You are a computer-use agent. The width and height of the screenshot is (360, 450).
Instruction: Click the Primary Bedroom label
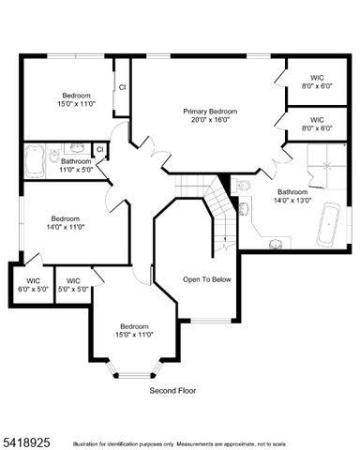coord(210,112)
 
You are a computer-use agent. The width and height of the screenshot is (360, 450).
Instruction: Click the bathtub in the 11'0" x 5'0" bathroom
coord(34,159)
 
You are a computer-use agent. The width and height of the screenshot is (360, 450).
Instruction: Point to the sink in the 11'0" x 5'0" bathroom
coord(77,149)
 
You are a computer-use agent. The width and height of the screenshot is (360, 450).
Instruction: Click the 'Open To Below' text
coord(205,279)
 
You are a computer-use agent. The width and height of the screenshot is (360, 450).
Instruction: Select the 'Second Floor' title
coord(173,389)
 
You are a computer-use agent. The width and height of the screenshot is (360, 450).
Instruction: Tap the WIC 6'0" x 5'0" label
coord(33,284)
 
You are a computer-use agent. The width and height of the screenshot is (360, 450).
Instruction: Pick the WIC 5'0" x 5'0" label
coord(73,284)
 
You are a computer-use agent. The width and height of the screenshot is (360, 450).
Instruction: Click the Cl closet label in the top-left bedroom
coord(122,87)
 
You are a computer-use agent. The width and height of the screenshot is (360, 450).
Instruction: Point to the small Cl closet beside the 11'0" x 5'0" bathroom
coord(99,149)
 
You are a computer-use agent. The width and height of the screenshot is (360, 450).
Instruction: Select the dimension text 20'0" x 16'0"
coord(210,120)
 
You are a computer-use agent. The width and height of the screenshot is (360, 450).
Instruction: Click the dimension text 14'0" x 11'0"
coord(65,226)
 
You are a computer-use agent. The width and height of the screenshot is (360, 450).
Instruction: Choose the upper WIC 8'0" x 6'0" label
coord(317,82)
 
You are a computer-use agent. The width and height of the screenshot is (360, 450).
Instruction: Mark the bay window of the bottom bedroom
coord(131,372)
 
